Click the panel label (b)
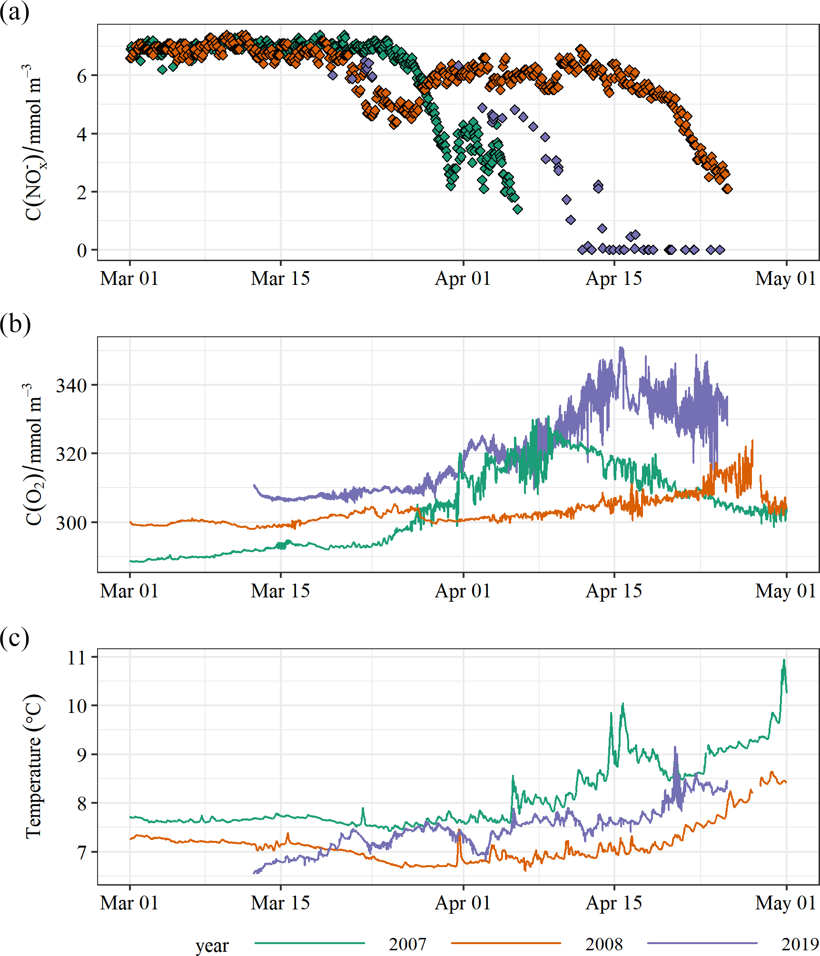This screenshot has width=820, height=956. click(15, 324)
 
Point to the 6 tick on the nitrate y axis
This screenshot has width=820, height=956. click(82, 76)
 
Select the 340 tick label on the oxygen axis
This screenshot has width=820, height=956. click(71, 385)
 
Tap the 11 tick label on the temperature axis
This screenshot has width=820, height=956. click(76, 658)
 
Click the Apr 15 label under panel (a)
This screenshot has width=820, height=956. click(614, 279)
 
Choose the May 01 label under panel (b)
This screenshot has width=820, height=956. click(786, 591)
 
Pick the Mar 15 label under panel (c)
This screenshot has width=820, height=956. click(280, 903)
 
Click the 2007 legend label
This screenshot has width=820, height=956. click(407, 944)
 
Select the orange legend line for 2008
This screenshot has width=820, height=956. click(506, 943)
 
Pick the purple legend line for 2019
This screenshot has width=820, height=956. click(702, 943)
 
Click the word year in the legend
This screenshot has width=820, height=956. click(212, 945)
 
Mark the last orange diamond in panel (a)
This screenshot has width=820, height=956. click(727, 189)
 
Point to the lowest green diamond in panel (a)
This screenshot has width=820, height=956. click(518, 209)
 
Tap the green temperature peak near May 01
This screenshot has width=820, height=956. click(784, 660)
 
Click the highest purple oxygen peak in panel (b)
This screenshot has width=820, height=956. click(621, 348)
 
